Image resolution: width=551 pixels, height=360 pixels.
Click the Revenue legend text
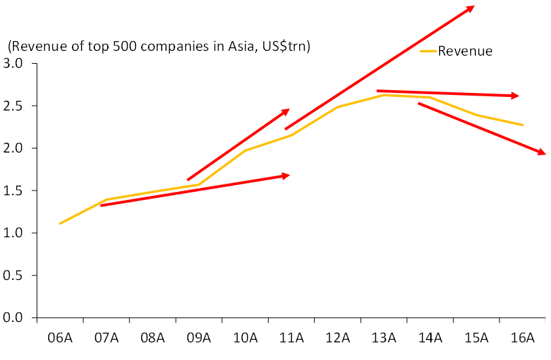(x=465, y=51)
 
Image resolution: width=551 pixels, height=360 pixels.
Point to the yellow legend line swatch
(x=427, y=51)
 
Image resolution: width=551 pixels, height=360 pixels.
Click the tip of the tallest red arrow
(x=473, y=7)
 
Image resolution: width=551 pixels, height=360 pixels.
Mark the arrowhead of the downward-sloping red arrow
(x=544, y=154)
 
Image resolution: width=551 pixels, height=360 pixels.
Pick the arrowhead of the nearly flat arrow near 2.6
(x=518, y=96)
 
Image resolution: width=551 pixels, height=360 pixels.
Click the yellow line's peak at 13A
(x=384, y=95)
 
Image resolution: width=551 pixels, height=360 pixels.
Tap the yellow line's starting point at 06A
(x=60, y=224)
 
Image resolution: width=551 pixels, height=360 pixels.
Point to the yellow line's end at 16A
(x=522, y=125)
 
